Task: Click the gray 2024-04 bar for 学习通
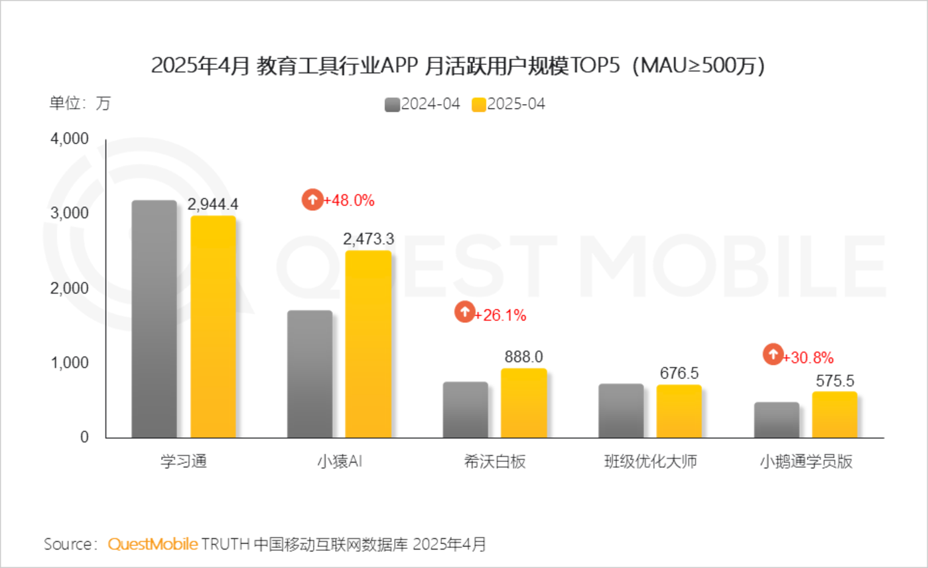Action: pyautogui.click(x=154, y=319)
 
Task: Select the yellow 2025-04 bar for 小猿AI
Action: pyautogui.click(x=368, y=344)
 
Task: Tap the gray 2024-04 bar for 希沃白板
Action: pyautogui.click(x=465, y=410)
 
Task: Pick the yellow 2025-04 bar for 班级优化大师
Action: pyautogui.click(x=679, y=411)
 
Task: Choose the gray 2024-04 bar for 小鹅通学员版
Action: pyautogui.click(x=776, y=420)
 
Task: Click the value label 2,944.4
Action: pyautogui.click(x=213, y=204)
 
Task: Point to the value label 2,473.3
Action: pyautogui.click(x=368, y=239)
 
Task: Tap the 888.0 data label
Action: pyautogui.click(x=523, y=357)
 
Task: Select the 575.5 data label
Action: pyautogui.click(x=834, y=381)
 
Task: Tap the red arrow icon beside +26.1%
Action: pyautogui.click(x=464, y=312)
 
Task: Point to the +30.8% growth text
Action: pyautogui.click(x=807, y=358)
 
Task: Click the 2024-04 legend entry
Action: pyautogui.click(x=423, y=105)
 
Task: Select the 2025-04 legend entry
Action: pyautogui.click(x=508, y=105)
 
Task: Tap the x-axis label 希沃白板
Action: pyautogui.click(x=495, y=462)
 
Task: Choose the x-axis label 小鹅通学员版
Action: pyautogui.click(x=805, y=462)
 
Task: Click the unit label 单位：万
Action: pyautogui.click(x=80, y=103)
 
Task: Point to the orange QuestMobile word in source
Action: pyautogui.click(x=153, y=545)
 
